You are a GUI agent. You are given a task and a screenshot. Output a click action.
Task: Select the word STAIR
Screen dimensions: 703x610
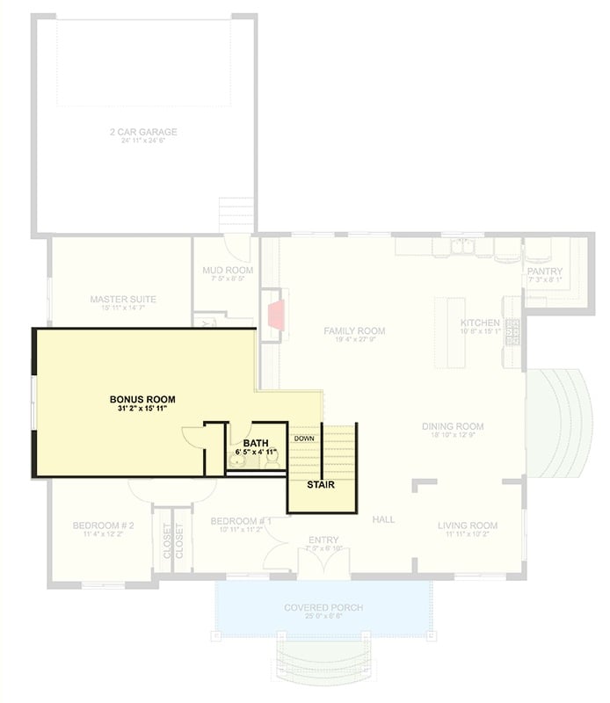[x=320, y=484]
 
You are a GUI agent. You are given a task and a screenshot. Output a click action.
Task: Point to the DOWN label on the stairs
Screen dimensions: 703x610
[x=304, y=438]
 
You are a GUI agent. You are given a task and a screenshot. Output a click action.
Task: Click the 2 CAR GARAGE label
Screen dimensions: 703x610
[x=143, y=133]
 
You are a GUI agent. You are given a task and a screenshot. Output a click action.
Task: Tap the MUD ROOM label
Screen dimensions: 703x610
[x=228, y=270]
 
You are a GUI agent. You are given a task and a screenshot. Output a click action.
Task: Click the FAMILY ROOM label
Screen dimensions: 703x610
[x=354, y=331]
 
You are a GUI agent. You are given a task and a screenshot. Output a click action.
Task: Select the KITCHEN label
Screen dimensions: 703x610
[x=480, y=323]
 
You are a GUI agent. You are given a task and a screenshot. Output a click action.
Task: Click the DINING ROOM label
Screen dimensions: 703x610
[x=453, y=426]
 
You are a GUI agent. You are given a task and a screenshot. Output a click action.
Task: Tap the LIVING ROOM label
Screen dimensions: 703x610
[x=468, y=525]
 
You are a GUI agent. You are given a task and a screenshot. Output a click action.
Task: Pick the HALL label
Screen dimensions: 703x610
[x=383, y=520]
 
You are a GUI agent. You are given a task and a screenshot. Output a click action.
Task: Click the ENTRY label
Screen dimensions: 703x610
[x=323, y=540]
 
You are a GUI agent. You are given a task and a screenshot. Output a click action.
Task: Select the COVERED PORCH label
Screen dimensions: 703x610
[x=323, y=607]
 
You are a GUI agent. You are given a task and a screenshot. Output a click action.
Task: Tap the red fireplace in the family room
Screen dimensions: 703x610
[x=274, y=314]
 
